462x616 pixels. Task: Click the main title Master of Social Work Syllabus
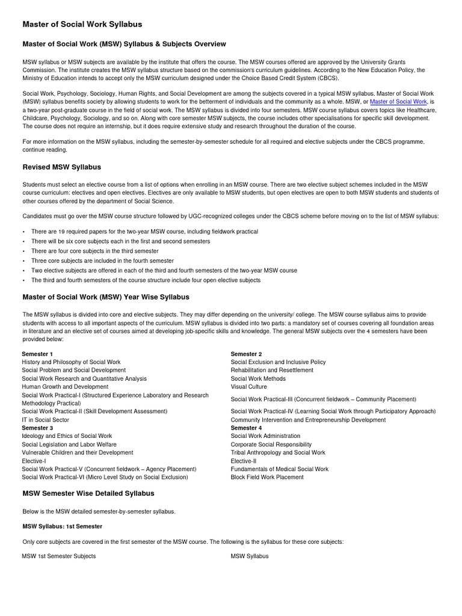click(82, 24)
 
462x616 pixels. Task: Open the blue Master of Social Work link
click(398, 102)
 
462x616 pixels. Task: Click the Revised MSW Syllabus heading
click(61, 167)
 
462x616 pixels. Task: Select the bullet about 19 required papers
click(144, 232)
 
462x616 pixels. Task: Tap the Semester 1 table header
click(37, 354)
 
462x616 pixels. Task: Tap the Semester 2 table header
click(247, 354)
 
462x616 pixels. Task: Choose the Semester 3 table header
click(37, 428)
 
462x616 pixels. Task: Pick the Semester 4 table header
click(247, 428)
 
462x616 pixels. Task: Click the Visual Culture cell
click(249, 387)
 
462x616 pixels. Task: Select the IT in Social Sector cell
click(45, 420)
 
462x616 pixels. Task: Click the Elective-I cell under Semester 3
click(34, 461)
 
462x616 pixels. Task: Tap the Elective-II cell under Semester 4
click(244, 461)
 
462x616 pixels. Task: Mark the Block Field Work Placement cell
click(267, 477)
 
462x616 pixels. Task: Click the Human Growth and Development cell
click(65, 387)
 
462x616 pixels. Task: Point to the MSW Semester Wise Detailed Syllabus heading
click(88, 493)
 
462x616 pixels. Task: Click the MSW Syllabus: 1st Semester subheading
click(62, 526)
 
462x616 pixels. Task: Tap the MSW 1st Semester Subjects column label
click(59, 556)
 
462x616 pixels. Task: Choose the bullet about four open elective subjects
click(146, 280)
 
